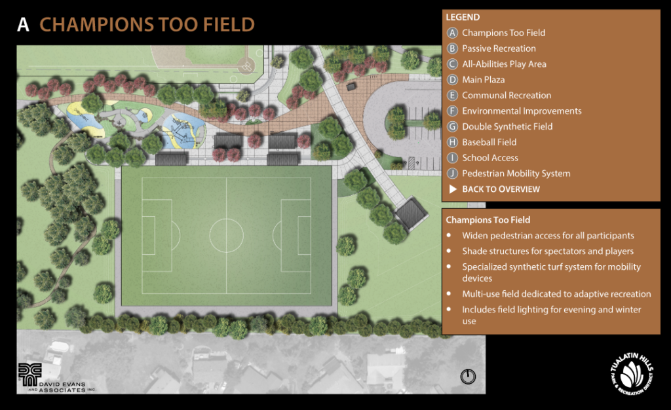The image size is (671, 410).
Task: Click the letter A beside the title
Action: point(24,25)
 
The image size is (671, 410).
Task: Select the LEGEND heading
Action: point(463,17)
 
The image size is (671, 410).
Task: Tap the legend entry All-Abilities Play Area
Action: point(503,64)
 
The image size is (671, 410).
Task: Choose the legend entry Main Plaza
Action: point(483,80)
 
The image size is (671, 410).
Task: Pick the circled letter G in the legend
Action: point(452,126)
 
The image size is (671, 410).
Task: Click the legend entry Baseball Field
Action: point(489,142)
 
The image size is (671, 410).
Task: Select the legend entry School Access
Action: point(489,158)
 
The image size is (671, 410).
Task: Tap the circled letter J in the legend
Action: point(452,174)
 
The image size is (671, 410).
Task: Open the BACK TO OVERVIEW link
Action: point(501,189)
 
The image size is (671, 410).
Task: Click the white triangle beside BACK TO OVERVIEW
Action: point(452,189)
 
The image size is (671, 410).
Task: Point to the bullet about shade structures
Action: point(547,251)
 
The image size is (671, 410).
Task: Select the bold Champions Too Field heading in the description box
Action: point(488,220)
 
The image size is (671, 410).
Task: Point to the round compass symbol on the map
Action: point(468,376)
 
